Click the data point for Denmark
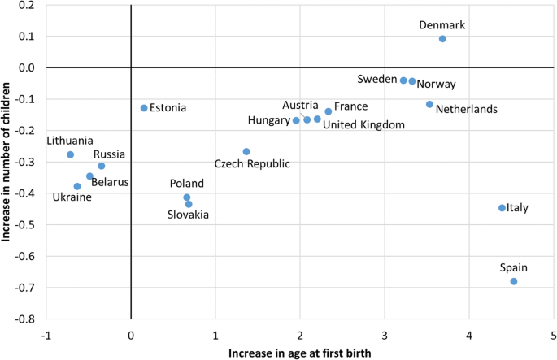tap(442, 39)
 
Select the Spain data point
tap(514, 281)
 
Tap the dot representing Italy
tap(502, 208)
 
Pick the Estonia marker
tap(144, 108)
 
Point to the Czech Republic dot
tap(246, 152)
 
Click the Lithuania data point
tap(70, 154)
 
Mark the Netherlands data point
tap(429, 104)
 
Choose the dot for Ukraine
tap(77, 186)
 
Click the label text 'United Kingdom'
tap(363, 124)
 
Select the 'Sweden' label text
tap(376, 79)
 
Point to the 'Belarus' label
tap(110, 182)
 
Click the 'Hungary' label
tap(268, 121)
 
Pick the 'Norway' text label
tap(436, 84)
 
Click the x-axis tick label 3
tap(385, 336)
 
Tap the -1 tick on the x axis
tap(46, 336)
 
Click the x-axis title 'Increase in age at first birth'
tap(300, 353)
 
